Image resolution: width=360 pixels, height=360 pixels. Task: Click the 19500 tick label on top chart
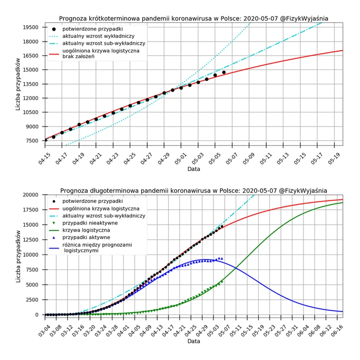tap(30, 27)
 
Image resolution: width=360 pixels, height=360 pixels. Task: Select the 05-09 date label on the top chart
tap(249, 159)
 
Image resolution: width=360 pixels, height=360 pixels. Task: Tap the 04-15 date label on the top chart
tap(45, 159)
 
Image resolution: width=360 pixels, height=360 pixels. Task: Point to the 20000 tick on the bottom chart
tap(30, 195)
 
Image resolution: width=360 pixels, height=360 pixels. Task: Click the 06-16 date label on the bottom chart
tap(337, 331)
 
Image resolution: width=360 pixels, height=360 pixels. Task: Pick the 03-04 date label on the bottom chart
tap(45, 331)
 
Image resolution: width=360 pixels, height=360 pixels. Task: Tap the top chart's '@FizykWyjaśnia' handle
tap(304, 18)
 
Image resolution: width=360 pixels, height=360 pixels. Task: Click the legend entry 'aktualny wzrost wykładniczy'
tap(99, 36)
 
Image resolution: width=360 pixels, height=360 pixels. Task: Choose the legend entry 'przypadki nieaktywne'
tap(90, 223)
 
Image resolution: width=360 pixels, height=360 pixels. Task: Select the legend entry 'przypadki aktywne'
tap(86, 237)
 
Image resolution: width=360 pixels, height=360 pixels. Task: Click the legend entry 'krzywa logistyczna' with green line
tap(86, 230)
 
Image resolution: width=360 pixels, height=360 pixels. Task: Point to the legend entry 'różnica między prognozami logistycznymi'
tap(97, 247)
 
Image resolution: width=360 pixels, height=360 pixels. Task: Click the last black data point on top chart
tap(224, 72)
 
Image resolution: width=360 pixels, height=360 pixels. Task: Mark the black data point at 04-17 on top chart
tap(62, 133)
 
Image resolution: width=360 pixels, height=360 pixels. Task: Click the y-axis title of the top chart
tap(18, 84)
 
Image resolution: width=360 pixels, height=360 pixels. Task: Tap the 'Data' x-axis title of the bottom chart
tap(194, 341)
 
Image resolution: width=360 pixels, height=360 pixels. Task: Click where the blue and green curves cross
tap(236, 268)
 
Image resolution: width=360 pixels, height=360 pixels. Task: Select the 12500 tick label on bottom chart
tap(30, 240)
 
